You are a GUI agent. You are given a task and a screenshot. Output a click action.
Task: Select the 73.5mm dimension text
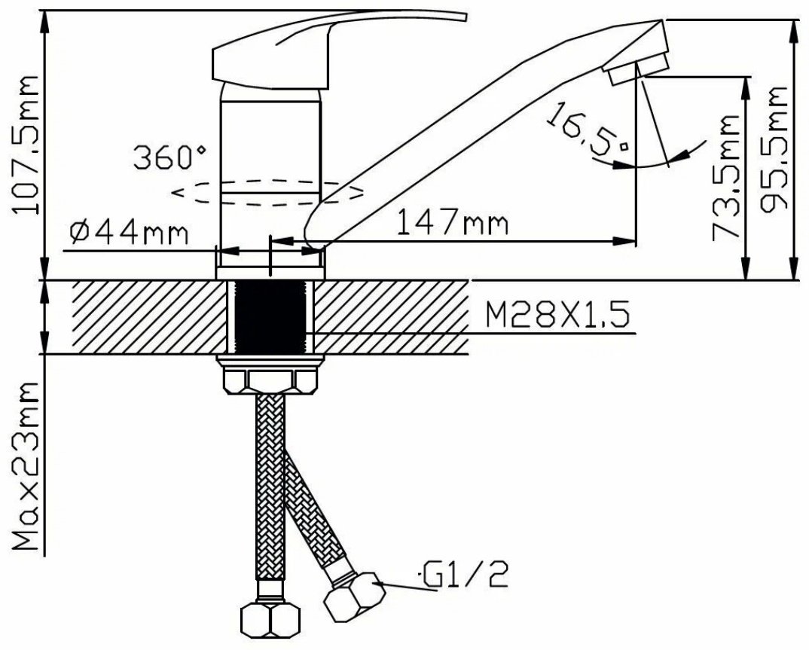726,177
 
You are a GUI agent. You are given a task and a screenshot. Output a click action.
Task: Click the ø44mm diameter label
129,233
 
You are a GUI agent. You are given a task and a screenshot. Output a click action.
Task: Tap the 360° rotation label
170,157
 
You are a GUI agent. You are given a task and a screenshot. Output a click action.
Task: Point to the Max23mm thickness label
26,465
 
